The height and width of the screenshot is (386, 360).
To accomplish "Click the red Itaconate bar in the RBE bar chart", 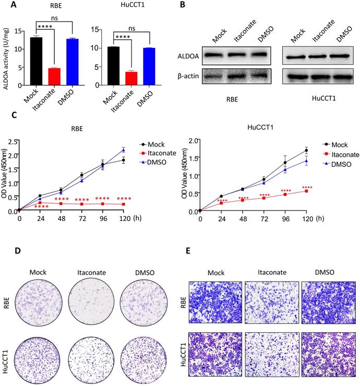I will (54, 76).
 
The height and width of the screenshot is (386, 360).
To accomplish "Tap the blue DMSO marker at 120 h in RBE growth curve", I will (122, 150).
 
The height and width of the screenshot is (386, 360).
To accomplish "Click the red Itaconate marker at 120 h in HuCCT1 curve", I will (306, 191).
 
